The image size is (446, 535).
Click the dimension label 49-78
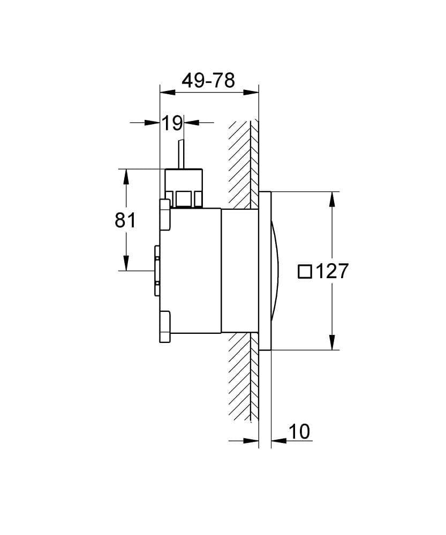click(208, 81)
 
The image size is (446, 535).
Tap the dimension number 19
click(172, 123)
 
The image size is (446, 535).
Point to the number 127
click(331, 271)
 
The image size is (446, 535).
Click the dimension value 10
click(299, 431)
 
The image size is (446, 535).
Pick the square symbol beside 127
click(305, 271)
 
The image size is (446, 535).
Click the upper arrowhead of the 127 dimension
click(332, 199)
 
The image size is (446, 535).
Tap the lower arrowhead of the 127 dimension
click(332, 342)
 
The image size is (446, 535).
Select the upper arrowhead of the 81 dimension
click(126, 177)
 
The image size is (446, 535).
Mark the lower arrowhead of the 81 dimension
click(126, 263)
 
